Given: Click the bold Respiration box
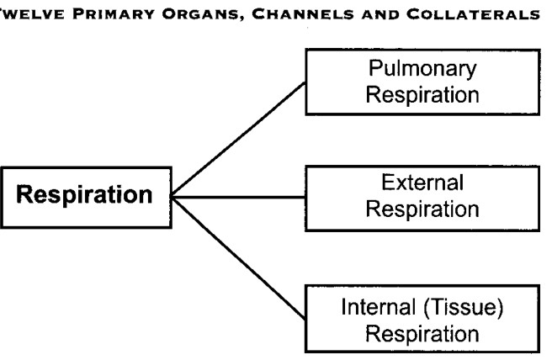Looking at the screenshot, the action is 86,198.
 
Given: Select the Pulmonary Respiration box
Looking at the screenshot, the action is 422,82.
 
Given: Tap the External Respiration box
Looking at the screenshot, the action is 422,199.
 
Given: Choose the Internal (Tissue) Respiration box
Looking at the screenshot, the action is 422,319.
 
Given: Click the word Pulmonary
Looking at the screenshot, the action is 422,69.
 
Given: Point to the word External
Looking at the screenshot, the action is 422,183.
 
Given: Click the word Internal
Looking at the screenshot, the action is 379,306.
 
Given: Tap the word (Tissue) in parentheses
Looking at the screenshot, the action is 464,307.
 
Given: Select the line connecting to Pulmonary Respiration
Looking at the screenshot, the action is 238,140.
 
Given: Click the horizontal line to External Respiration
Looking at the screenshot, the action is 239,197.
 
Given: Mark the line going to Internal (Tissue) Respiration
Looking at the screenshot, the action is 238,258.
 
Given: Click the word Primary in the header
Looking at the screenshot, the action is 114,14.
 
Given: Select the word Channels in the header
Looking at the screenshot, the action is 303,14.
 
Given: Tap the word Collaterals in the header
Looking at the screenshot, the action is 473,14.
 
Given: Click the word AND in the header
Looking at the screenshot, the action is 380,14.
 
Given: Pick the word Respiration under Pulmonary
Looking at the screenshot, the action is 422,95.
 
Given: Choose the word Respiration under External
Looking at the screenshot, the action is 422,209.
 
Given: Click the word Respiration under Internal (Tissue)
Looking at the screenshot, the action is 422,334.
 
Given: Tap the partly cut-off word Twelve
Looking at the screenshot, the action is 32,14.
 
